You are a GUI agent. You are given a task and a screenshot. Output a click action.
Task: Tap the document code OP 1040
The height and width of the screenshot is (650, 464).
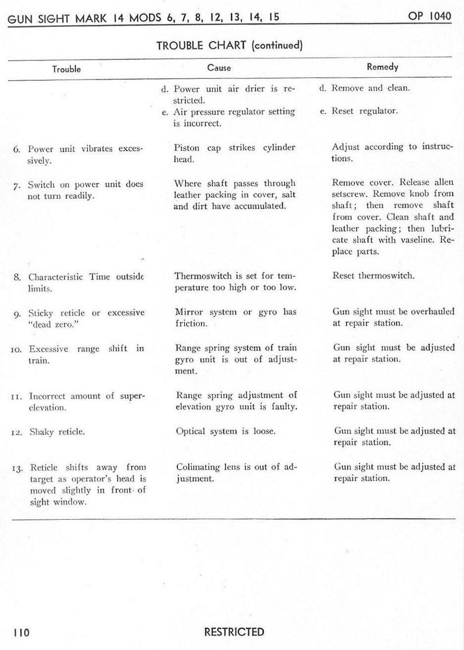429,16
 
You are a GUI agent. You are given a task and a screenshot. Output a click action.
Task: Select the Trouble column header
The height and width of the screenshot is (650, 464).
66,69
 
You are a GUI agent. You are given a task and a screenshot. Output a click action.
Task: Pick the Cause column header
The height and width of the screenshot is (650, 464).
219,68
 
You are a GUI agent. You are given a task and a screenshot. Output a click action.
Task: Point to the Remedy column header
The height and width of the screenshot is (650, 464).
382,67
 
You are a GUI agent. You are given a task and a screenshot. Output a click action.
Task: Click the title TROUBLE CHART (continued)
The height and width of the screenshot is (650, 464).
229,46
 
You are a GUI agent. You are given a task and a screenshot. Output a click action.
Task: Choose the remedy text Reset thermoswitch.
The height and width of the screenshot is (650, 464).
373,275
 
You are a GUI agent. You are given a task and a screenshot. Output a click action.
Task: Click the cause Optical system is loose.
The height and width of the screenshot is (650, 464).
225,431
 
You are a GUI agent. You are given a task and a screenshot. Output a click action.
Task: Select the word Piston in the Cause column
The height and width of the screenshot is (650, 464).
186,148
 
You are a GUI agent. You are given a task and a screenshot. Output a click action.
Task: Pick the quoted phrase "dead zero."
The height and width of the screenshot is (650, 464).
52,325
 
